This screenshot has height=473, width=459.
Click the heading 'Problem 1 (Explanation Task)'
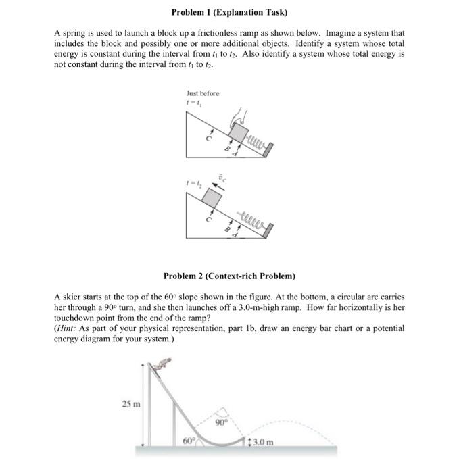click(x=229, y=12)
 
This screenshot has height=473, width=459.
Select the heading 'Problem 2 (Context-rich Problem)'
click(x=229, y=276)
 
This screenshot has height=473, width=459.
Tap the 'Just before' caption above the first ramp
click(x=202, y=93)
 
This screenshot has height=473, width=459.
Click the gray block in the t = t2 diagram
click(x=212, y=199)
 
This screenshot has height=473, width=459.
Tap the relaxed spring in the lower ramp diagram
click(x=252, y=219)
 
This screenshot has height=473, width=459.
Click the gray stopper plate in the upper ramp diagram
click(x=270, y=147)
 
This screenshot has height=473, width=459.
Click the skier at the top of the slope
click(x=162, y=365)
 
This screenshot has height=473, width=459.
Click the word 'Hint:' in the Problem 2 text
click(x=68, y=328)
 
